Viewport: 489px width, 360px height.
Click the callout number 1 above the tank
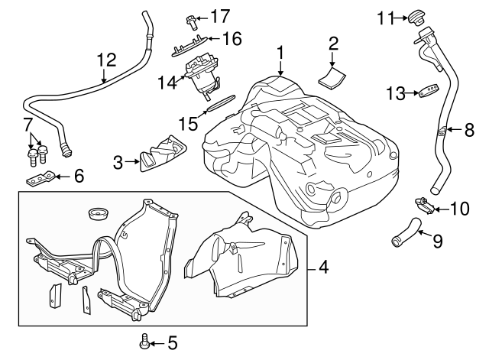[280, 53]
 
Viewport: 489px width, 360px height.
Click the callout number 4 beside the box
[324, 268]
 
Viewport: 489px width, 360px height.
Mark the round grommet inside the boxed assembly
[97, 210]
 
